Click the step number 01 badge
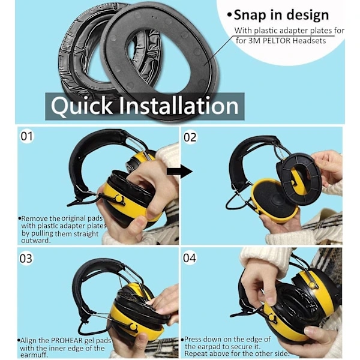[27, 136]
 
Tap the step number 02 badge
[190, 137]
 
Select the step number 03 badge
[26, 259]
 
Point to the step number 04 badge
[190, 258]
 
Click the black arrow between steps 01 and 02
[179, 172]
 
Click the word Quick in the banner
[82, 106]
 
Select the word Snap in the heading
[250, 16]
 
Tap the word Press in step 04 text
[193, 339]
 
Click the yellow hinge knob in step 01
[119, 198]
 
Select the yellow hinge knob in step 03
[133, 327]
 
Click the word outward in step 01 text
[36, 241]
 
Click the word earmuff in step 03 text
[34, 355]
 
